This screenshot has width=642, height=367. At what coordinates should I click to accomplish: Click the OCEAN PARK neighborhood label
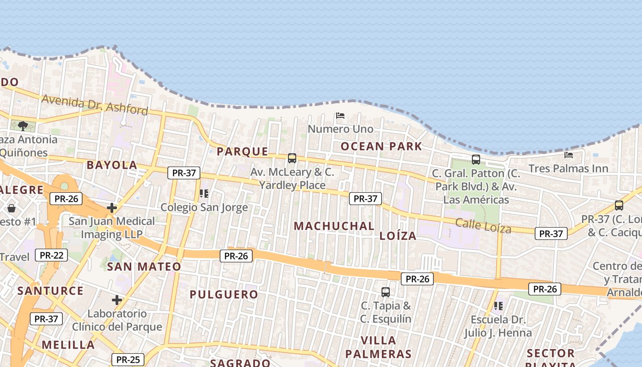(381, 146)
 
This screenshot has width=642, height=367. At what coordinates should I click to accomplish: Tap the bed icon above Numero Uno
(340, 116)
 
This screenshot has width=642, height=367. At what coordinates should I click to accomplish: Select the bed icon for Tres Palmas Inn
(569, 155)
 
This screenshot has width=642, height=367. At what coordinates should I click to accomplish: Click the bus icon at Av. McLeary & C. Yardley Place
(292, 158)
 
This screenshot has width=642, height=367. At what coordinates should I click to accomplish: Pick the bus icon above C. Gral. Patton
(476, 160)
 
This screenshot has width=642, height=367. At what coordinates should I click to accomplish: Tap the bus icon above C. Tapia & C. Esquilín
(386, 292)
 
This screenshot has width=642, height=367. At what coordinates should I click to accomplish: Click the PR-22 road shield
(51, 255)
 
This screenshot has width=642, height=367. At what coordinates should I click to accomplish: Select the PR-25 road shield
(128, 360)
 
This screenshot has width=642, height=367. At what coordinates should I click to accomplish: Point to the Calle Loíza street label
(483, 225)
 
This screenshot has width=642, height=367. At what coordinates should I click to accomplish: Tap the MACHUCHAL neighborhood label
(334, 226)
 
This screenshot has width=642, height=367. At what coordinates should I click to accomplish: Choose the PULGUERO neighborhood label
(224, 295)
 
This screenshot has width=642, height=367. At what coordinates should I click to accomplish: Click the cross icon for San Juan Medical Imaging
(112, 208)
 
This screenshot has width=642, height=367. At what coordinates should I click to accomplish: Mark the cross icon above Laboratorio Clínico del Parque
(117, 300)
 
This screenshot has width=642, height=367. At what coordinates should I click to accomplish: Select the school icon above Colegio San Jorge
(204, 194)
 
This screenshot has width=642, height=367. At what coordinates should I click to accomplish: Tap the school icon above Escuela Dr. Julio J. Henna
(498, 306)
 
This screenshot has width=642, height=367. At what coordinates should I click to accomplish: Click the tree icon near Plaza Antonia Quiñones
(23, 126)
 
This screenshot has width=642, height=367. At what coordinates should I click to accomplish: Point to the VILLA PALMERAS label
(378, 347)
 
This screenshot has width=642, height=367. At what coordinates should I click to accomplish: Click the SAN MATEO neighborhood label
(144, 267)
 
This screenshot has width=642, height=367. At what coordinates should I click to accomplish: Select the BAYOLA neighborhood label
(112, 165)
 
